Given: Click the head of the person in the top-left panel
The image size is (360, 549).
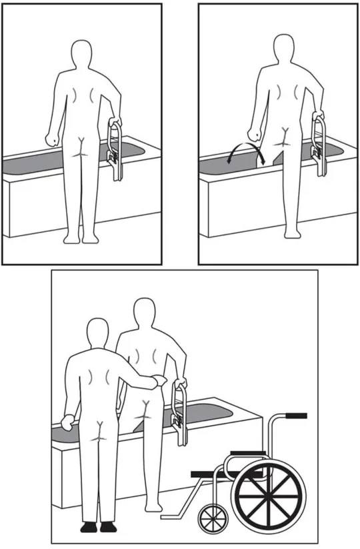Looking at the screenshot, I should pyautogui.click(x=83, y=53).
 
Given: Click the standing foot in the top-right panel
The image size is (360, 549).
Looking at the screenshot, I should pyautogui.click(x=291, y=233).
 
